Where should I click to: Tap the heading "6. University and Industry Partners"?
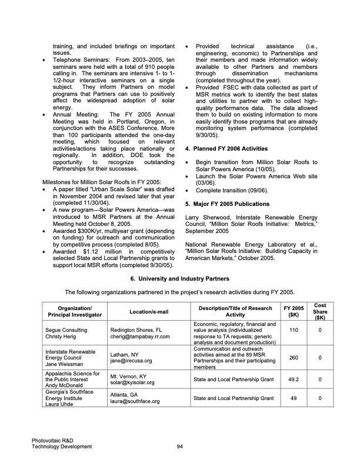(179, 278)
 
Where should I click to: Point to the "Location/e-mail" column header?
(146, 312)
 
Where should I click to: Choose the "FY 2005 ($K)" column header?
(294, 312)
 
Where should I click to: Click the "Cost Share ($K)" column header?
(320, 312)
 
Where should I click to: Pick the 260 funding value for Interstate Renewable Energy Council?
(294, 357)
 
